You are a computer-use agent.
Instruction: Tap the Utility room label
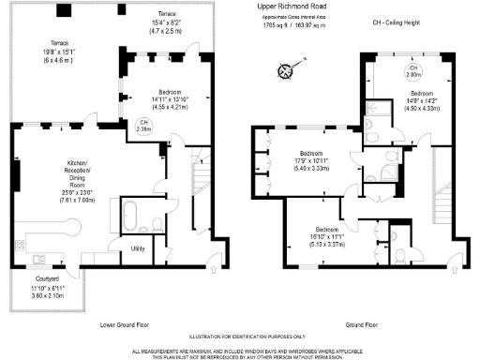pyautogui.click(x=137, y=248)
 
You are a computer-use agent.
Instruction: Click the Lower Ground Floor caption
pyautogui.click(x=126, y=325)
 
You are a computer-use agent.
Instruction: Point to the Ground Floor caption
pyautogui.click(x=362, y=325)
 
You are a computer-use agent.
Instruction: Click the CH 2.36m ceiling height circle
pyautogui.click(x=142, y=127)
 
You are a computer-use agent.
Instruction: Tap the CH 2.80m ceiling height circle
pyautogui.click(x=412, y=71)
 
